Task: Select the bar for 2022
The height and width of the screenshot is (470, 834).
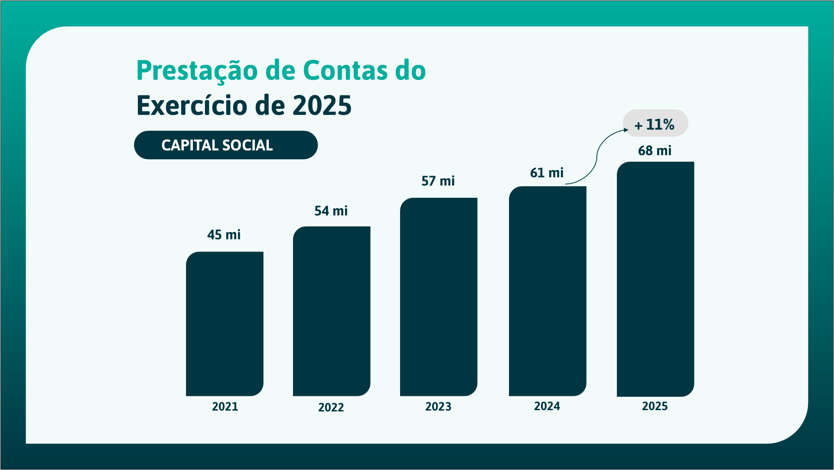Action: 332,311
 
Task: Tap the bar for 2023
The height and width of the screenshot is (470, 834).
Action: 439,297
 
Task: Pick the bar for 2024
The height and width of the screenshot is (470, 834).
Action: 547,291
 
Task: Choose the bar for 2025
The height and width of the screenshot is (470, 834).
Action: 655,279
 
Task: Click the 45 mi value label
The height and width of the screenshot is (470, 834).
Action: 224,235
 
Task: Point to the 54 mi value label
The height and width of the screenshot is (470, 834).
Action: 331,211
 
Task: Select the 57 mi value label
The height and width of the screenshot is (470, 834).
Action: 438,181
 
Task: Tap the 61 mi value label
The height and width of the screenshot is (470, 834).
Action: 547,173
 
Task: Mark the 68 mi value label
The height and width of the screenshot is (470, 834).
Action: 655,151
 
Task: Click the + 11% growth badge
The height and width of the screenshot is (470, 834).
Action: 655,124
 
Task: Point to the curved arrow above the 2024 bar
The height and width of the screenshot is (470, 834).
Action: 597,155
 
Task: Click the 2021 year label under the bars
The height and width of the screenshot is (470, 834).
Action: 225,407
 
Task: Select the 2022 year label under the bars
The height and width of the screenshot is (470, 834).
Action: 331,408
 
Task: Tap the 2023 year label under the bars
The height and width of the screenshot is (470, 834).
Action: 438,407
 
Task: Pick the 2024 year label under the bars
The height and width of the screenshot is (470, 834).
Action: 547,406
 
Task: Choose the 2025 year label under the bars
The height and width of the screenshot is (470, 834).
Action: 655,406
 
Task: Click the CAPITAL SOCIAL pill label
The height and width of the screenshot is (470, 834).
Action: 225,145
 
